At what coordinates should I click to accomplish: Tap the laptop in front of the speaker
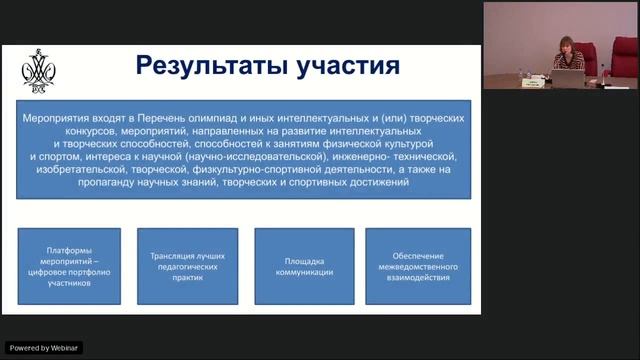(x=569, y=77)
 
